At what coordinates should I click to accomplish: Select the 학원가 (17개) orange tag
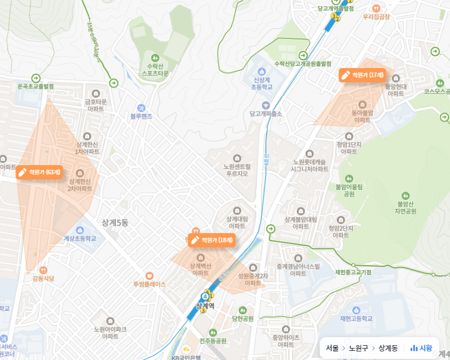point(363,75)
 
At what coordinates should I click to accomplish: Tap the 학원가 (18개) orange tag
point(212,240)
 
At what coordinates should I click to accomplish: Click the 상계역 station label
point(205,306)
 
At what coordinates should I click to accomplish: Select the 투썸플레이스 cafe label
point(149,284)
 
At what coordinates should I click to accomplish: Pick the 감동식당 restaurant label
point(43,278)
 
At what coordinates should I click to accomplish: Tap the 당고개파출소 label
point(265,114)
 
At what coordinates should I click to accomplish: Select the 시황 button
point(421,348)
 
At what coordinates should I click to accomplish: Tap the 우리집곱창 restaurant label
point(376,17)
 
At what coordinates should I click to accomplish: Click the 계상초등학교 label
point(80,238)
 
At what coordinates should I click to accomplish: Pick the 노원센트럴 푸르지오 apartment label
point(237,170)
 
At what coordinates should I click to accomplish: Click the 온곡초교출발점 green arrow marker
point(37,78)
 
